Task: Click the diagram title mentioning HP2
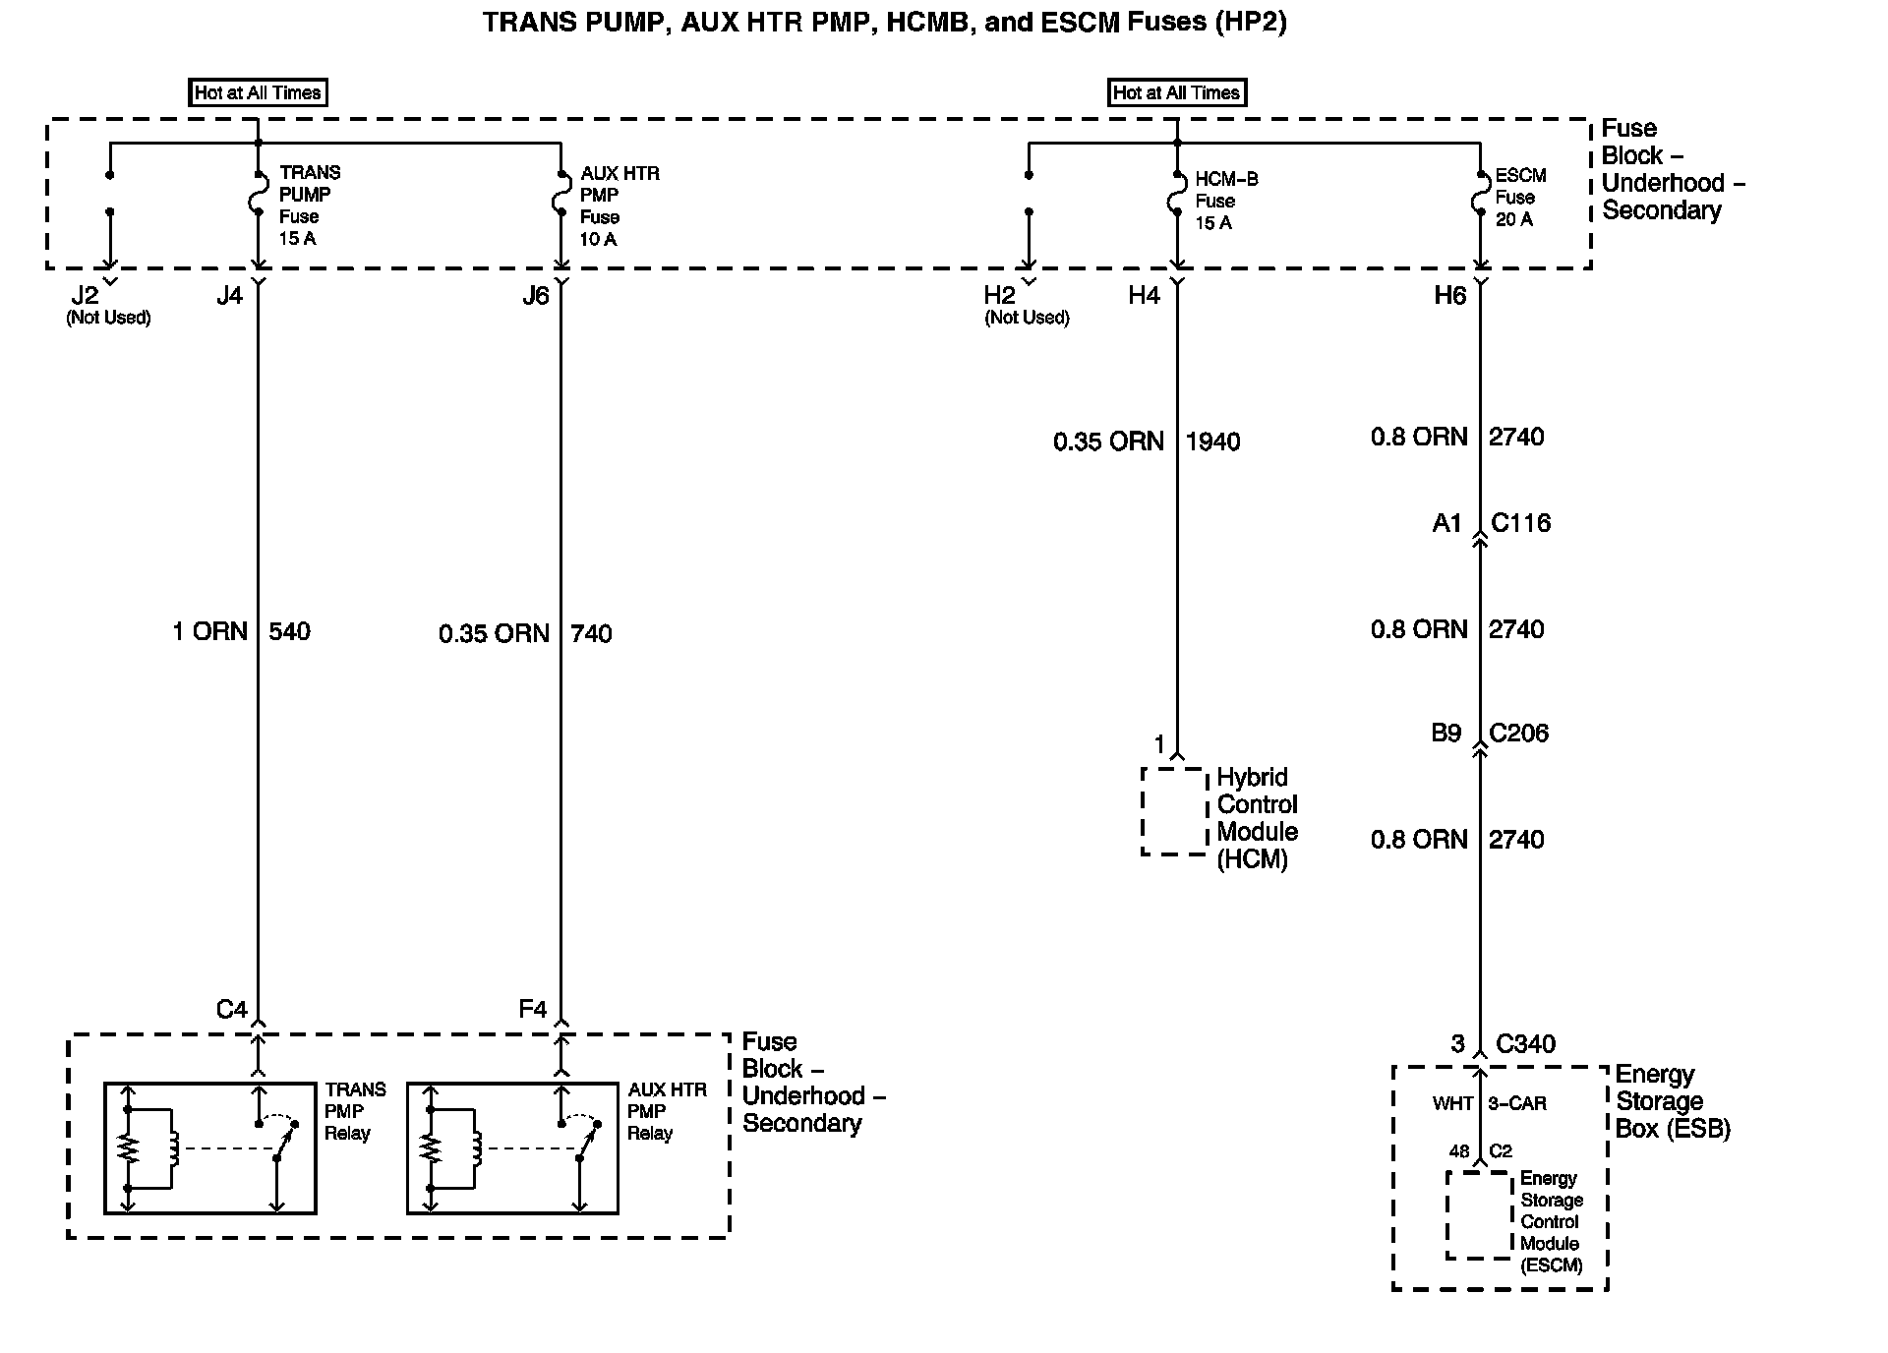pos(884,22)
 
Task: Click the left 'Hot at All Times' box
pos(258,92)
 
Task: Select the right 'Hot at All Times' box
pos(1176,92)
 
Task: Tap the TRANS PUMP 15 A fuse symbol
pos(258,194)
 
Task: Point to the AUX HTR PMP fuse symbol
pos(560,194)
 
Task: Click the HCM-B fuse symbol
pos(1176,195)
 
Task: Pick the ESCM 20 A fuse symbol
pos(1479,195)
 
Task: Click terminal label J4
pos(229,296)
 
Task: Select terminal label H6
pos(1449,296)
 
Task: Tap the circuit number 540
pos(289,631)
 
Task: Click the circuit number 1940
pos(1212,442)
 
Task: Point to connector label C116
pos(1520,523)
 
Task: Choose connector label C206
pos(1518,734)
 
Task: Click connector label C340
pos(1525,1044)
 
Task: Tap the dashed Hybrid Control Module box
pos(1174,811)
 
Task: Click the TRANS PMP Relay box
pos(210,1148)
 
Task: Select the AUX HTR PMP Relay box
pos(512,1148)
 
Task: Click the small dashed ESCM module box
pos(1478,1215)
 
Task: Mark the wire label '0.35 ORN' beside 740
pos(494,634)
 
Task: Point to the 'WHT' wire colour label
pos(1452,1104)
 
